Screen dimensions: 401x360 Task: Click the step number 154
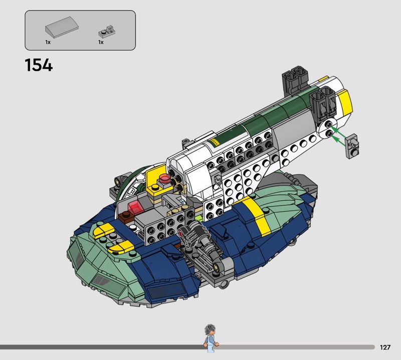[39, 65]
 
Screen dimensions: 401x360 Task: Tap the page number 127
[385, 347]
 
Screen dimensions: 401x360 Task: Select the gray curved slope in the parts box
[62, 27]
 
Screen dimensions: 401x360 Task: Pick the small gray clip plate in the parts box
[107, 32]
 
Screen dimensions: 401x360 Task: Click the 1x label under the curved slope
[48, 42]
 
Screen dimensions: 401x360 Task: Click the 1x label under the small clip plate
[101, 42]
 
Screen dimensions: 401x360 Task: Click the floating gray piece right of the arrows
[352, 146]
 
